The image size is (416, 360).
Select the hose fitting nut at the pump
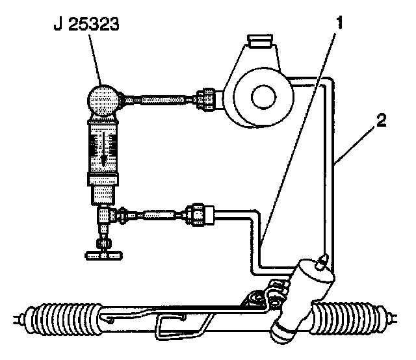click(x=209, y=99)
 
